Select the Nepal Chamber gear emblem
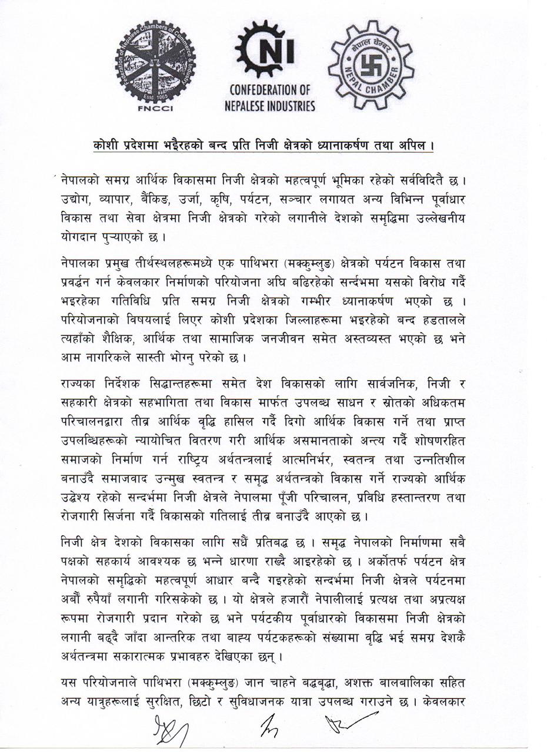[x=371, y=65]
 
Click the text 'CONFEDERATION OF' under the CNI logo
[x=270, y=90]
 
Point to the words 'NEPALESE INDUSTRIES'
[x=270, y=106]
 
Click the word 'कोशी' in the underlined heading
[x=108, y=145]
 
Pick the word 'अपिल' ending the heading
[x=416, y=145]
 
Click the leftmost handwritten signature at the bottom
[x=171, y=731]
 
